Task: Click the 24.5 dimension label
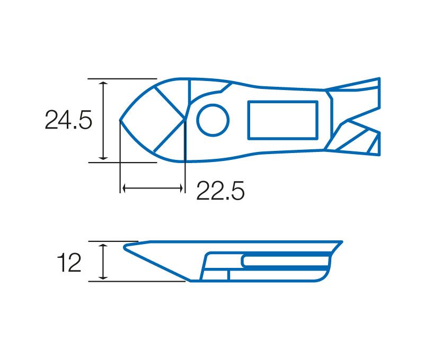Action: (x=68, y=120)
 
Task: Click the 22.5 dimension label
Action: (x=220, y=191)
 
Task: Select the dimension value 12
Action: (x=69, y=263)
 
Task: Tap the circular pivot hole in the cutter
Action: (x=213, y=120)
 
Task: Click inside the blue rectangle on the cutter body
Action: (x=283, y=120)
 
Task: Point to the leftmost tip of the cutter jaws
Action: (x=120, y=120)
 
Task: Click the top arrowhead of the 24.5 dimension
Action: (x=103, y=83)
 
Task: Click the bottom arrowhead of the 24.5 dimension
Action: (x=103, y=157)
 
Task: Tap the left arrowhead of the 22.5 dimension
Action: (x=124, y=188)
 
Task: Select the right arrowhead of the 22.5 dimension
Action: (x=181, y=188)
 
